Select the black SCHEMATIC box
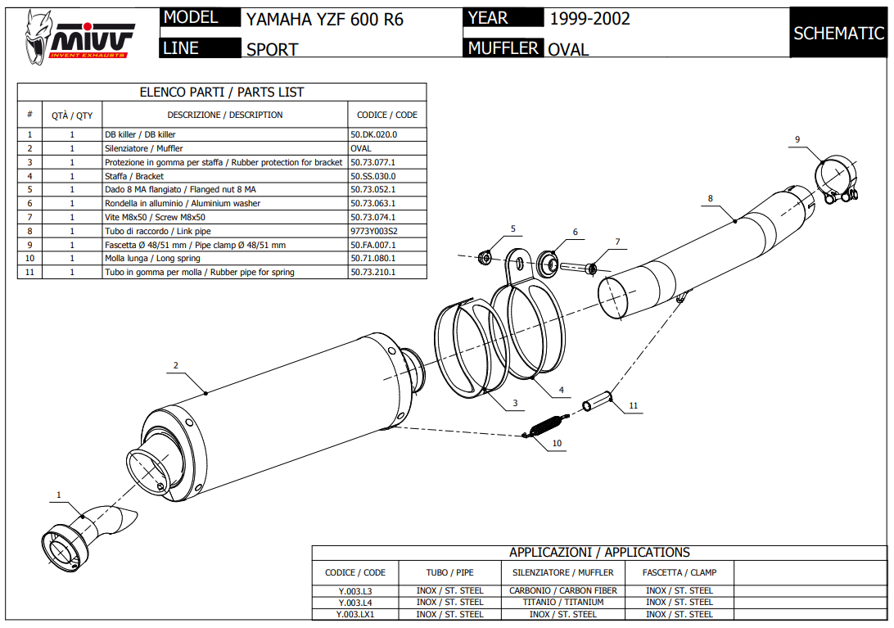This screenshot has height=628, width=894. (838, 34)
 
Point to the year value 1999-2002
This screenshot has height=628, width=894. (589, 19)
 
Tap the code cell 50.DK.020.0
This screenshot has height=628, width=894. (374, 134)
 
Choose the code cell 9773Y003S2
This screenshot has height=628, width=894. (375, 231)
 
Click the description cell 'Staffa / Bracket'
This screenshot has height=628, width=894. (134, 176)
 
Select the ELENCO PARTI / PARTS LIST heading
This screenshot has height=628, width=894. (222, 93)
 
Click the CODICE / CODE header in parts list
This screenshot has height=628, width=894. (386, 115)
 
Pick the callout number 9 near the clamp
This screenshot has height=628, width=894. (797, 140)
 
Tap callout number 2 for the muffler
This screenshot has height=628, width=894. (175, 365)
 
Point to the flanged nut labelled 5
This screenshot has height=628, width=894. (485, 257)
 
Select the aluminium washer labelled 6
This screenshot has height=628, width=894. (548, 264)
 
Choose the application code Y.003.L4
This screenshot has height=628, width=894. (355, 602)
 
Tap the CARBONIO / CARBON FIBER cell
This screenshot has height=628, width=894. (563, 590)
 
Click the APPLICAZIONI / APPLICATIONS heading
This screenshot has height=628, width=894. (599, 553)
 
